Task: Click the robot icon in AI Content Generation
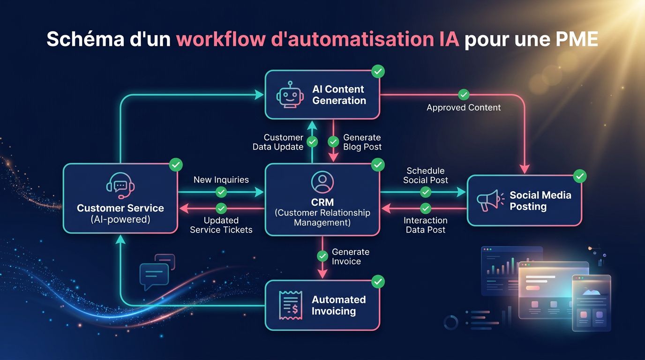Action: coord(288,95)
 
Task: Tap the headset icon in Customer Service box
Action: coord(120,186)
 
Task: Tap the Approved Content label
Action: coord(464,108)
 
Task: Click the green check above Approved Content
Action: coord(464,95)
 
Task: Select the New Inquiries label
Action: coord(221,180)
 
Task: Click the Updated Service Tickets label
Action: coord(221,225)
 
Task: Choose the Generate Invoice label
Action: coord(351,256)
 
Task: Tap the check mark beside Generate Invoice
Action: coord(322,256)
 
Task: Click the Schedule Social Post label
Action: coord(426,175)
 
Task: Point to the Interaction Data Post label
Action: coord(426,225)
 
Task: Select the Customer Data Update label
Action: coord(278,142)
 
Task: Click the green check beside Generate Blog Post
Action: coord(333,142)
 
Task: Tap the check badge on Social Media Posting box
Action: coord(580,176)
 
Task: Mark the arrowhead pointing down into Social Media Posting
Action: coord(524,169)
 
